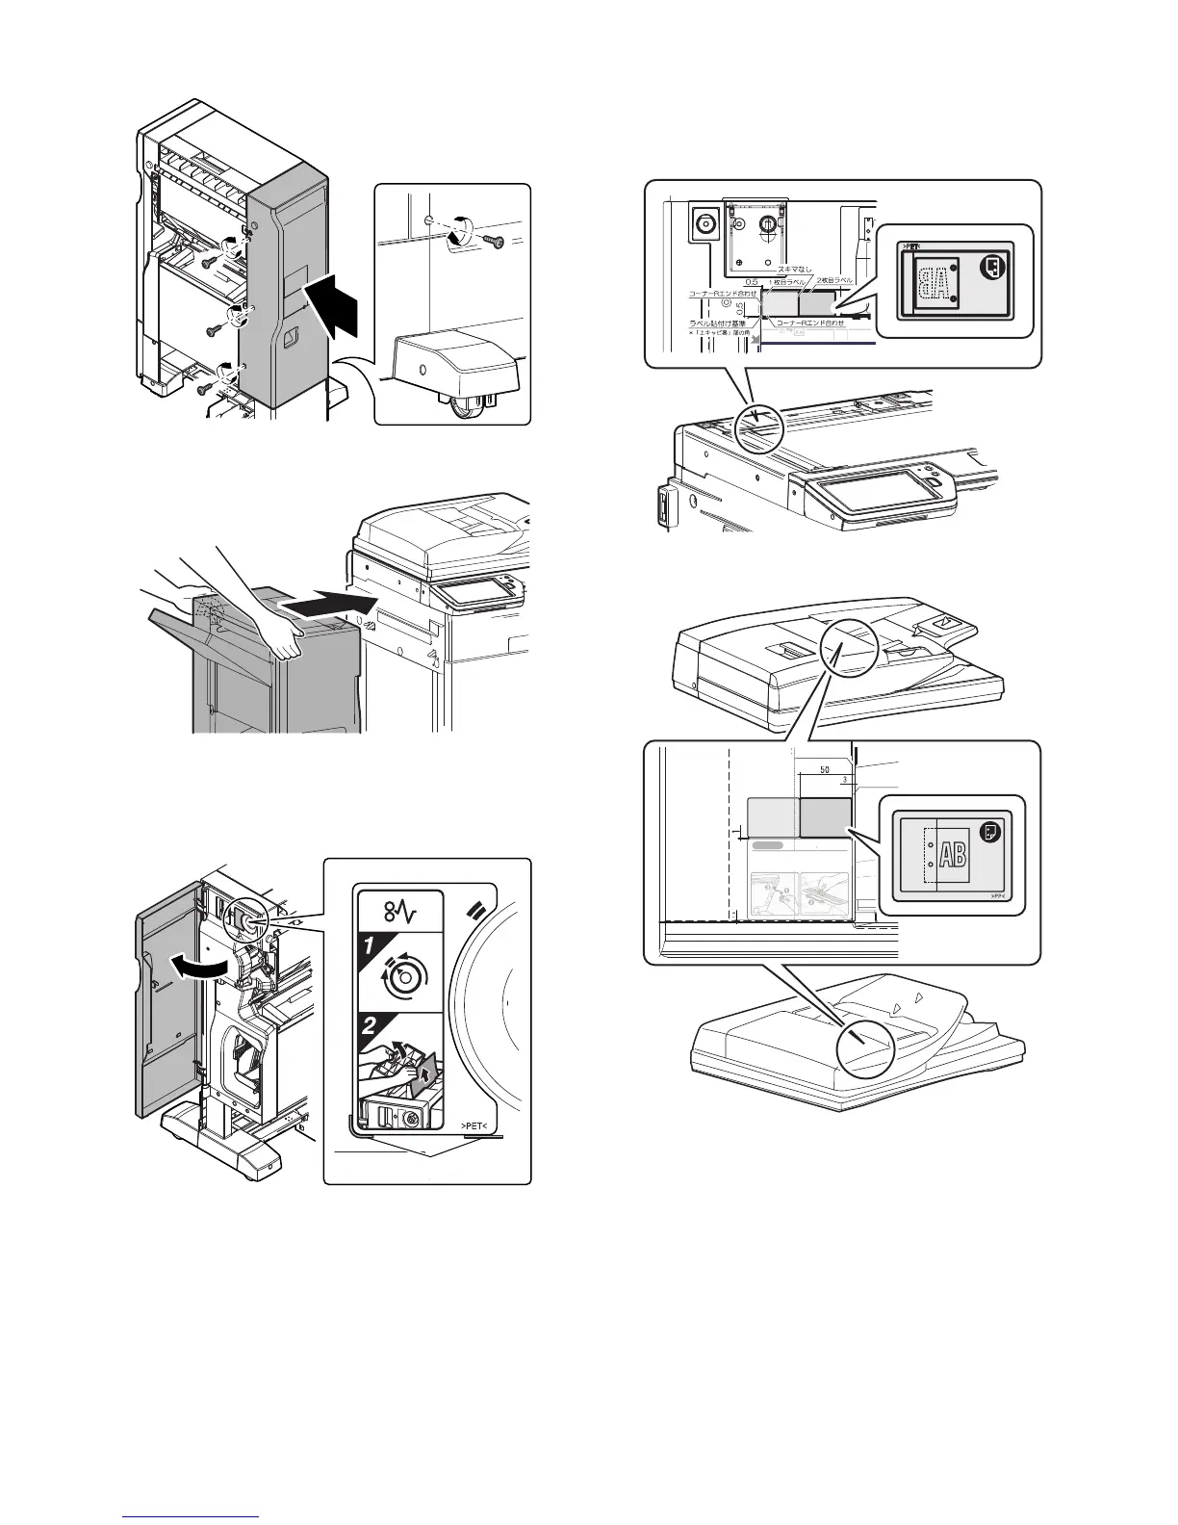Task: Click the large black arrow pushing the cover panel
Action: (337, 306)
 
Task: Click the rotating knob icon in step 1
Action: (406, 977)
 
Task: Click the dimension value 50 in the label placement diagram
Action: (825, 770)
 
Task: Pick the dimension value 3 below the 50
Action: (844, 781)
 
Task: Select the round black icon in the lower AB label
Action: (988, 831)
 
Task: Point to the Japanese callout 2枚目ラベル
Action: (834, 279)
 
